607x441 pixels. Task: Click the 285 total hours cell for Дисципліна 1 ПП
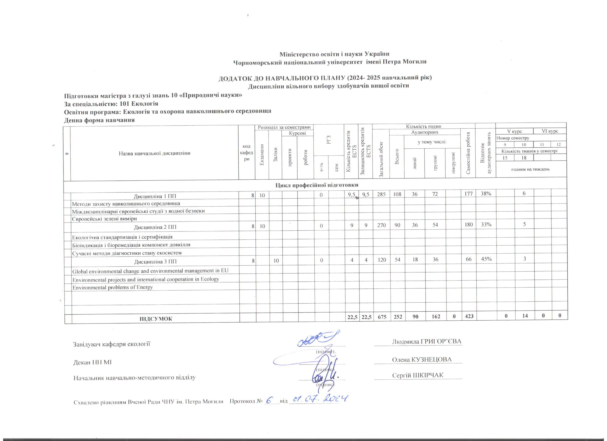point(381,194)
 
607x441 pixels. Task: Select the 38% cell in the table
point(486,194)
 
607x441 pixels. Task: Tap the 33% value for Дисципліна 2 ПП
point(486,225)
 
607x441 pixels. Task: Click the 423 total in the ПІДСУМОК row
point(468,316)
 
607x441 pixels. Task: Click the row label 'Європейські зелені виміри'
point(104,218)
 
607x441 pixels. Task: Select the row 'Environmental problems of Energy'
point(112,287)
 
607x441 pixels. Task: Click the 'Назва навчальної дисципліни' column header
point(154,153)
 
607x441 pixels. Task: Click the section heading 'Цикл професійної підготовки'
point(317,185)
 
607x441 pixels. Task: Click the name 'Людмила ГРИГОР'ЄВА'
point(427,341)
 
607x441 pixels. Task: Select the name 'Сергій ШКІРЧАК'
point(418,375)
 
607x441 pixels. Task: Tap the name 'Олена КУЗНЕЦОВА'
point(422,360)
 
